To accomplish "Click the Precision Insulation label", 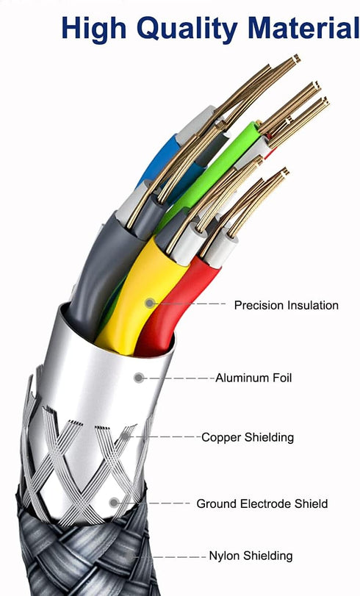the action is click(x=287, y=305).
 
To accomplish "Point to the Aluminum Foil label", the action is click(x=253, y=378).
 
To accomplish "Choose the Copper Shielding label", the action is click(x=248, y=437).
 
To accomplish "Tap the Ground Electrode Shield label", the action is click(x=262, y=504).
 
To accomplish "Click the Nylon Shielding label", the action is click(x=251, y=556).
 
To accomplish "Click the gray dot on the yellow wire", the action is click(x=150, y=303).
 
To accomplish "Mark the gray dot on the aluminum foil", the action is click(x=139, y=378).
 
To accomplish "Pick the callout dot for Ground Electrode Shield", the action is click(x=114, y=503).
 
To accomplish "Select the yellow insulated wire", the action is click(x=140, y=292).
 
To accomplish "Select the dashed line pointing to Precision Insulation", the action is click(x=190, y=304).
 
